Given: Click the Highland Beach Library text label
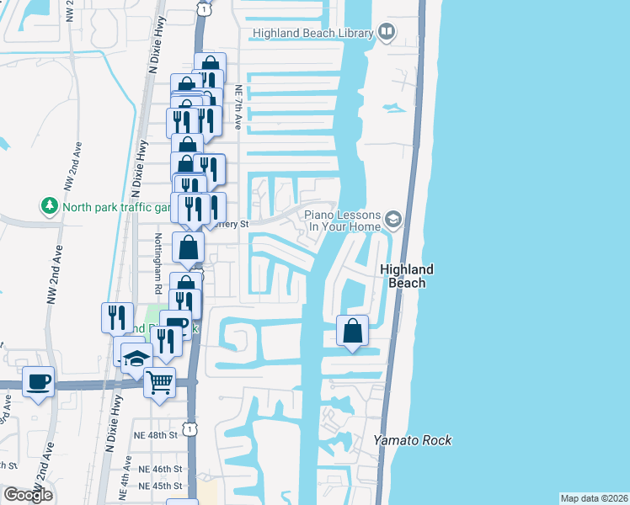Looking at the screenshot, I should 312,33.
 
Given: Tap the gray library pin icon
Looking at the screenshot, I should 387,32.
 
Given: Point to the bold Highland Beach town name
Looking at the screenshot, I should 407,276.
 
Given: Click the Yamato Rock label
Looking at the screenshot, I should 413,440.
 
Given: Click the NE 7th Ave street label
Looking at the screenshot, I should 239,107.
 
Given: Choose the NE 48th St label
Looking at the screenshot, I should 157,435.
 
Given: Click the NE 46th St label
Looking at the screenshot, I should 158,468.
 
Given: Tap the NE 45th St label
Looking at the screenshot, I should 158,486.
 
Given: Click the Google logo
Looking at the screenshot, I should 28,495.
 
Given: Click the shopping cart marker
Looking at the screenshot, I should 159,383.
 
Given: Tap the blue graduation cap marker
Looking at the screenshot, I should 136,359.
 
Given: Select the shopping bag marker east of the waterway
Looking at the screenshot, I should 353,330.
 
